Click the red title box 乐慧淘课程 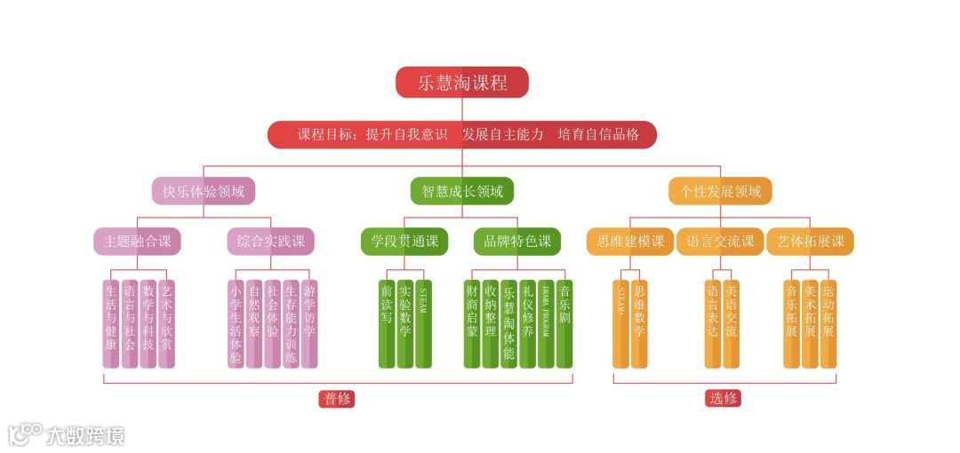[462, 83]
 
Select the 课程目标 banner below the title [462, 135]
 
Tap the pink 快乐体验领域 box [204, 191]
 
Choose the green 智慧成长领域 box [462, 191]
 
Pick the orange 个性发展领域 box [721, 191]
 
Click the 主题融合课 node [138, 242]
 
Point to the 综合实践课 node [270, 242]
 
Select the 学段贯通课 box [404, 242]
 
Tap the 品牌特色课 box [517, 242]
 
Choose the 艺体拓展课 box [810, 242]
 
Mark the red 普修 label [337, 399]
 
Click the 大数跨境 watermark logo [67, 434]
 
